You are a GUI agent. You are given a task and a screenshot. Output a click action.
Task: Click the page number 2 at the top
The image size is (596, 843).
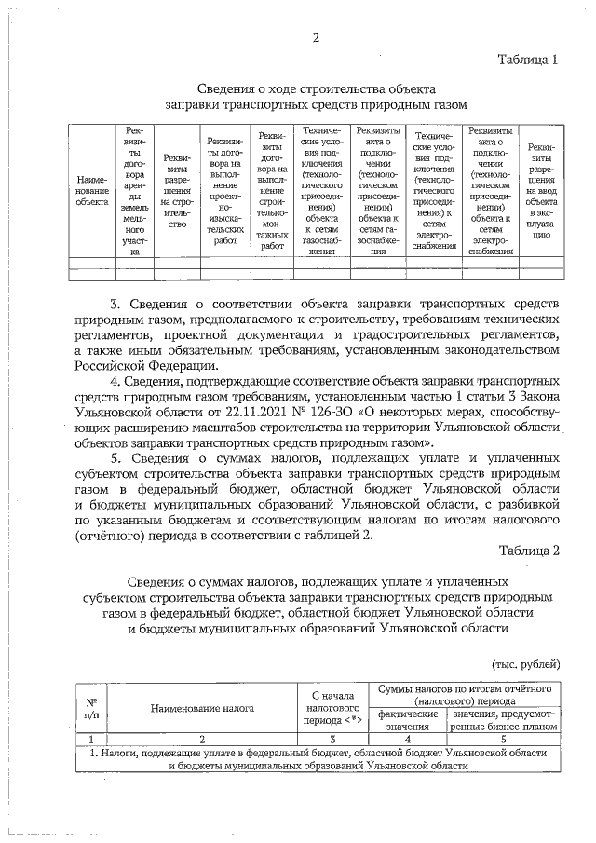[316, 38]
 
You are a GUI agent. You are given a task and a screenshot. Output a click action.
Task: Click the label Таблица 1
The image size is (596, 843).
[528, 60]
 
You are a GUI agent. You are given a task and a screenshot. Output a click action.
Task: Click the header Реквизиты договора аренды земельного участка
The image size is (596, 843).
[135, 190]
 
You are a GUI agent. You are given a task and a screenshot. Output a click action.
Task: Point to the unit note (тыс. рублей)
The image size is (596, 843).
[525, 664]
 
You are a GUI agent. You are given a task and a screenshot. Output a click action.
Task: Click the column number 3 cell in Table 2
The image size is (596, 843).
[332, 739]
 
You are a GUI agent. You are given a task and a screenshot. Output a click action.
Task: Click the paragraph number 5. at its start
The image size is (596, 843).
[116, 459]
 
